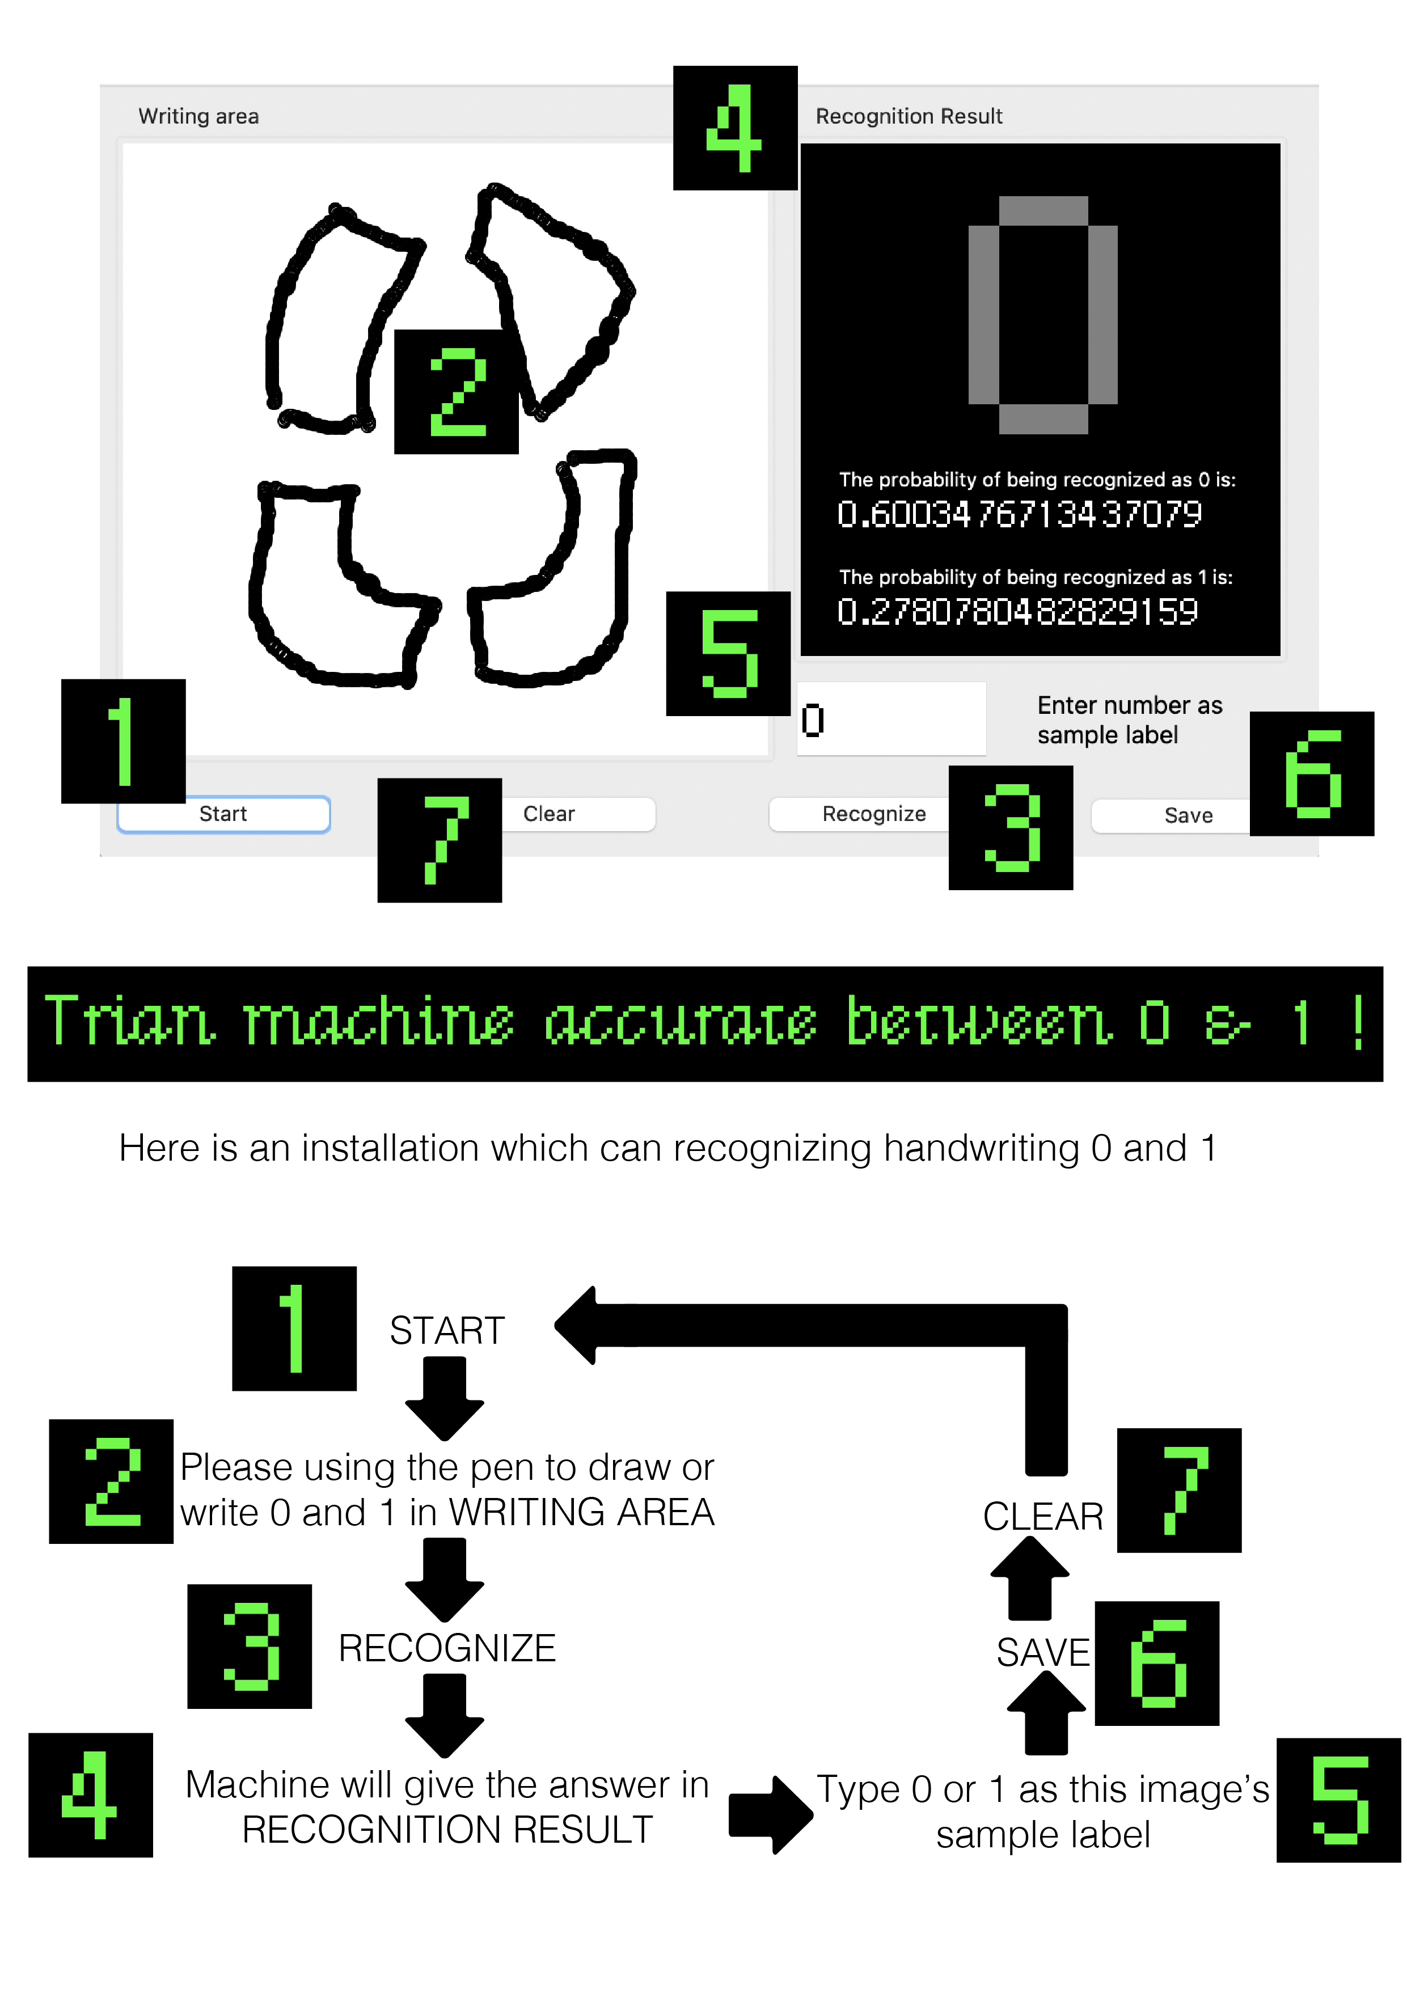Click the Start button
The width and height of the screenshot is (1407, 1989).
(x=223, y=814)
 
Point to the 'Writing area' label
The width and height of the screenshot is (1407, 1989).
(x=198, y=116)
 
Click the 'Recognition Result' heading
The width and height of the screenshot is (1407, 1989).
(x=909, y=116)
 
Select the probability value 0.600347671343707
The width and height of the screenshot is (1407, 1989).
(x=1019, y=515)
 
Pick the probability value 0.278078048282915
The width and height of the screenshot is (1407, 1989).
(x=1017, y=612)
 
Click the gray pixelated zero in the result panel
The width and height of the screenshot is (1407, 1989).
(x=1042, y=315)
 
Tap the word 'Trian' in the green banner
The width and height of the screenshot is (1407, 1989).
(x=128, y=1022)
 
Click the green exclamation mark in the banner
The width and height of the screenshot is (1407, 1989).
(x=1357, y=1022)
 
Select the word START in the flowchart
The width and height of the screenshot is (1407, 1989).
(x=447, y=1331)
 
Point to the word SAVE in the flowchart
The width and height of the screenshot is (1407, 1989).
(x=1042, y=1652)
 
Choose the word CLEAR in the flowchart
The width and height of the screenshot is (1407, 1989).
(x=1042, y=1516)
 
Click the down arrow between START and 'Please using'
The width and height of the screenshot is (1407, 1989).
(x=445, y=1397)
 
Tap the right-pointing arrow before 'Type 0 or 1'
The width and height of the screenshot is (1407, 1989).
(x=770, y=1815)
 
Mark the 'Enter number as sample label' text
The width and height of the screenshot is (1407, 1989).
(x=1129, y=720)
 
